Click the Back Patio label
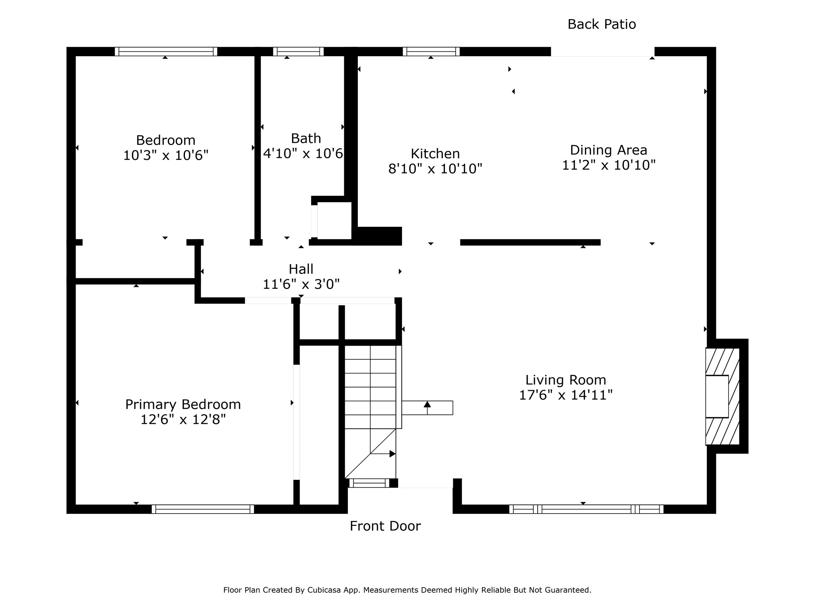pyautogui.click(x=602, y=24)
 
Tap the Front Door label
pyautogui.click(x=385, y=526)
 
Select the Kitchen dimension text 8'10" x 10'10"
pyautogui.click(x=435, y=169)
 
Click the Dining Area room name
pyautogui.click(x=608, y=150)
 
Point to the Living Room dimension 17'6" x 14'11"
pyautogui.click(x=566, y=395)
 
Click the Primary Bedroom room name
pyautogui.click(x=183, y=405)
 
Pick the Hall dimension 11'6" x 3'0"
pyautogui.click(x=301, y=284)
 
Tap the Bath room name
pyautogui.click(x=306, y=138)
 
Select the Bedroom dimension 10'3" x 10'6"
pyautogui.click(x=166, y=155)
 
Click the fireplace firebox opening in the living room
pyautogui.click(x=717, y=396)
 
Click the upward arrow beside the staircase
pyautogui.click(x=427, y=408)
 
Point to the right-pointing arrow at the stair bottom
pyautogui.click(x=383, y=453)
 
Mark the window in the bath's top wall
pyautogui.click(x=298, y=51)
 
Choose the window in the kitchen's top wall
pyautogui.click(x=431, y=51)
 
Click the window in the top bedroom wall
pyautogui.click(x=166, y=51)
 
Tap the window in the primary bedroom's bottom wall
pyautogui.click(x=203, y=509)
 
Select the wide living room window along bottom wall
pyautogui.click(x=587, y=509)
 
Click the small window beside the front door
pyautogui.click(x=369, y=483)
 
